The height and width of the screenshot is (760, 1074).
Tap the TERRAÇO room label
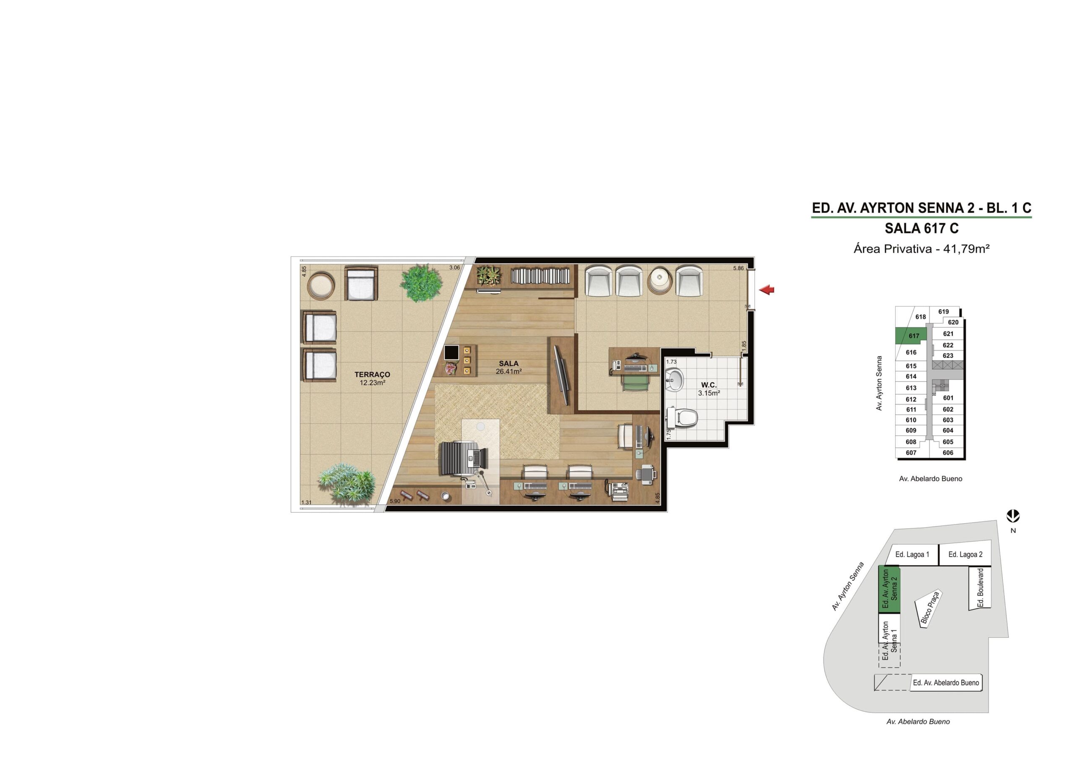tap(373, 374)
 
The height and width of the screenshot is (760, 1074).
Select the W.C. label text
tap(709, 385)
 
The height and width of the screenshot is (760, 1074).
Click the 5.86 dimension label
tap(738, 268)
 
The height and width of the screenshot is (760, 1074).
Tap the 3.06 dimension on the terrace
tap(454, 268)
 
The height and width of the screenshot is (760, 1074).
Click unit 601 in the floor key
tap(948, 398)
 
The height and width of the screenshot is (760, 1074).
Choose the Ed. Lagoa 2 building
tap(965, 554)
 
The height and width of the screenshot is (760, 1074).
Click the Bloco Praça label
tap(929, 609)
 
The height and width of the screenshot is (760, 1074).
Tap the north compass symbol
tap(1013, 517)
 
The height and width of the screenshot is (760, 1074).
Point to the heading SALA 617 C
tap(922, 228)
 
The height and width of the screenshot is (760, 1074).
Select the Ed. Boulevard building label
tap(980, 588)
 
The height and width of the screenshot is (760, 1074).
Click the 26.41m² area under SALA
tap(508, 371)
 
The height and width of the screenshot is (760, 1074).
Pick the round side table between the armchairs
tap(660, 281)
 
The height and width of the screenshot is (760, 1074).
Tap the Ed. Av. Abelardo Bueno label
tap(946, 683)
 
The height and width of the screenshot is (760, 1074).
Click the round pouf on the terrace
tap(321, 286)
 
